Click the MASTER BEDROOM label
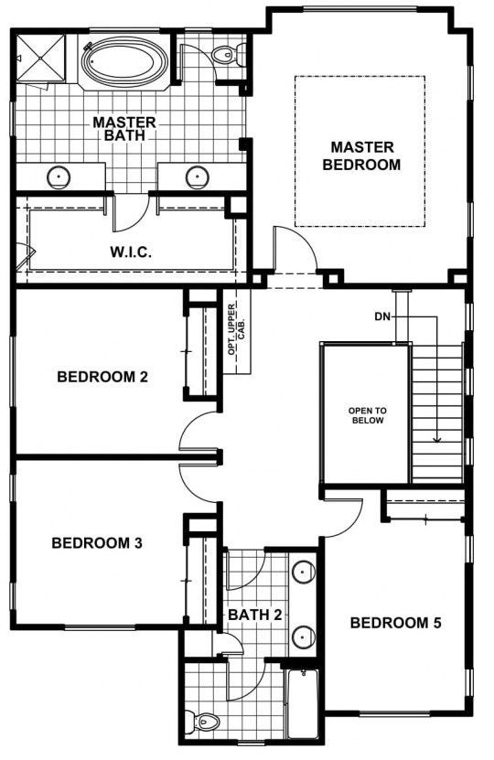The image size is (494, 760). (x=361, y=155)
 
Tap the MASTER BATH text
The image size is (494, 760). (x=124, y=128)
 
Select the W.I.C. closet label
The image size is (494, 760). (x=131, y=252)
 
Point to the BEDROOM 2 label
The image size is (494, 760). (x=102, y=377)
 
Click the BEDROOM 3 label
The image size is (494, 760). (x=97, y=543)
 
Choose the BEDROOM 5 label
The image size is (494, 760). (x=395, y=623)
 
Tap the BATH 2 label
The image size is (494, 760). (x=255, y=615)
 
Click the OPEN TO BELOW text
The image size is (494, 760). (x=368, y=415)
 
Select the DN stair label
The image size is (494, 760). (x=382, y=317)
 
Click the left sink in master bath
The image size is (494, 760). (x=59, y=177)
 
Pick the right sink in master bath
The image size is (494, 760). (x=198, y=177)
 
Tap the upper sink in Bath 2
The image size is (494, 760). (x=303, y=573)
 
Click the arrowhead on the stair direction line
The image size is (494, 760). (x=437, y=440)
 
